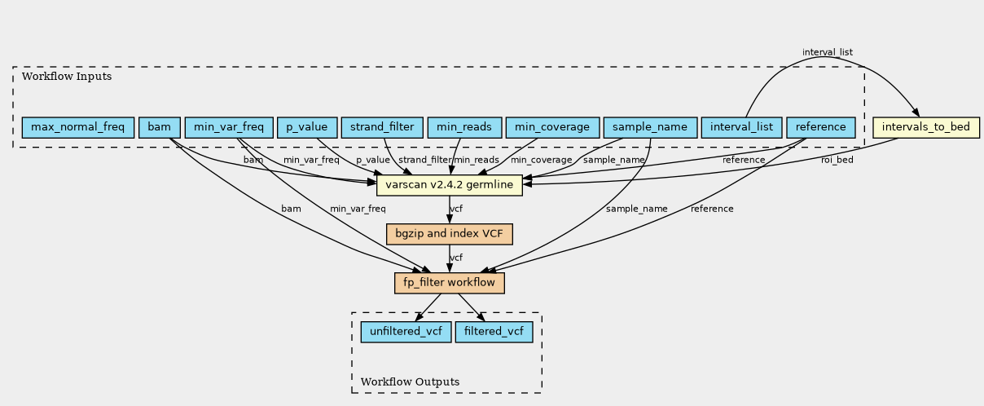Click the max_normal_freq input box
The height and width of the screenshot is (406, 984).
[78, 127]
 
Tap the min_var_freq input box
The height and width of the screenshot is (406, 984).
[229, 127]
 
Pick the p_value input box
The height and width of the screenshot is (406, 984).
[307, 127]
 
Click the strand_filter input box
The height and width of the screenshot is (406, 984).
[382, 127]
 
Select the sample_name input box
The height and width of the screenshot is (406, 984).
[650, 127]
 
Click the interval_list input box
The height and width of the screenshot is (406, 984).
[741, 127]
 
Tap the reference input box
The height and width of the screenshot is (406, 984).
[821, 127]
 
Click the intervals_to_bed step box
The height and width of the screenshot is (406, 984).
[925, 128]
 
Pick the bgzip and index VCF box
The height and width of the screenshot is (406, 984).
[449, 234]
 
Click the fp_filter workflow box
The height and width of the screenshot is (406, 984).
[449, 283]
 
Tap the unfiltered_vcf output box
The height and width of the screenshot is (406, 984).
[406, 332]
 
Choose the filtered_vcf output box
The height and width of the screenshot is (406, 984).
[494, 332]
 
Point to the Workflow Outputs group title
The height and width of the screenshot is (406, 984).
[410, 382]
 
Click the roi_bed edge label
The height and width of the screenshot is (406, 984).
[837, 160]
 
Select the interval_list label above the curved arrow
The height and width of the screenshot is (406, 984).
[828, 52]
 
